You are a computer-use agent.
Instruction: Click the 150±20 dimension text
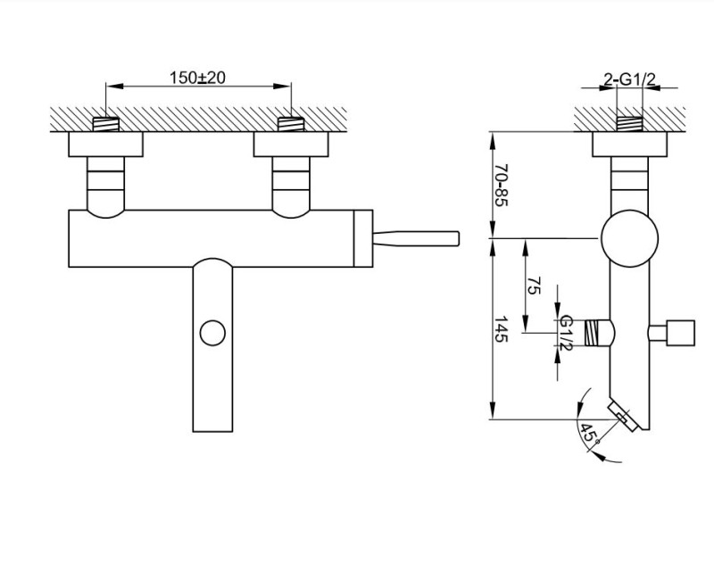click(197, 78)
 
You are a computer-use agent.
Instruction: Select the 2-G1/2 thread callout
click(630, 81)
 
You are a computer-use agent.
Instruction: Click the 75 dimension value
click(535, 286)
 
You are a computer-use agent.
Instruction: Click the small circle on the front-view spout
click(212, 334)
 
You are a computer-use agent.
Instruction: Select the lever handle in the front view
click(416, 237)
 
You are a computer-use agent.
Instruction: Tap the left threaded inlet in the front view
click(106, 123)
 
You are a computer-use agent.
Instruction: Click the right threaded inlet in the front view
click(290, 123)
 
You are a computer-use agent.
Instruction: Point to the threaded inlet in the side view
click(630, 123)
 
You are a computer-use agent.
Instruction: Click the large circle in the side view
click(629, 238)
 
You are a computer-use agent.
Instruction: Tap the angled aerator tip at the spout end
click(621, 417)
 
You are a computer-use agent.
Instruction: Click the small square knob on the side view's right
click(683, 332)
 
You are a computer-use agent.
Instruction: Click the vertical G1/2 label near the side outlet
click(565, 333)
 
